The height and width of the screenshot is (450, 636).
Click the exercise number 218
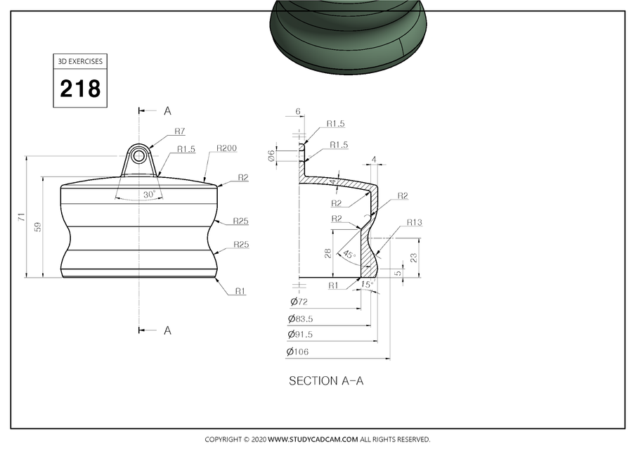[x=80, y=89]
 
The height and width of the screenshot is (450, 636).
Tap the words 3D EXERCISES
[x=80, y=61]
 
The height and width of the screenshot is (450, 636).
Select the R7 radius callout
[x=180, y=131]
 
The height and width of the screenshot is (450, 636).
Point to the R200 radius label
[x=226, y=148]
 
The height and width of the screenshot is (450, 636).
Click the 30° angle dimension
[x=148, y=194]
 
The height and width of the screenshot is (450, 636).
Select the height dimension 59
[x=37, y=226]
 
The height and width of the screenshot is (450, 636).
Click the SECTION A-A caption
[x=326, y=380]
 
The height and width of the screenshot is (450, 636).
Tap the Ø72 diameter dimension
[x=299, y=302]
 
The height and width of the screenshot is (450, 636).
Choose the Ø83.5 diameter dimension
[x=302, y=319]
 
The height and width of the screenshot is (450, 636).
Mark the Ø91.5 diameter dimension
[x=302, y=335]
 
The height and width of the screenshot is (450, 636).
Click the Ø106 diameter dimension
[x=299, y=352]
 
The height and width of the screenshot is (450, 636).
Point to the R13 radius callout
[x=414, y=223]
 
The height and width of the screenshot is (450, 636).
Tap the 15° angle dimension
[x=366, y=285]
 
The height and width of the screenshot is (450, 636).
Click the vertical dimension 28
[x=328, y=252]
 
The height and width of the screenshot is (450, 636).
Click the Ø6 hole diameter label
[x=271, y=155]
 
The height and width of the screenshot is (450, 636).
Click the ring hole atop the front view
[x=139, y=155]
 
